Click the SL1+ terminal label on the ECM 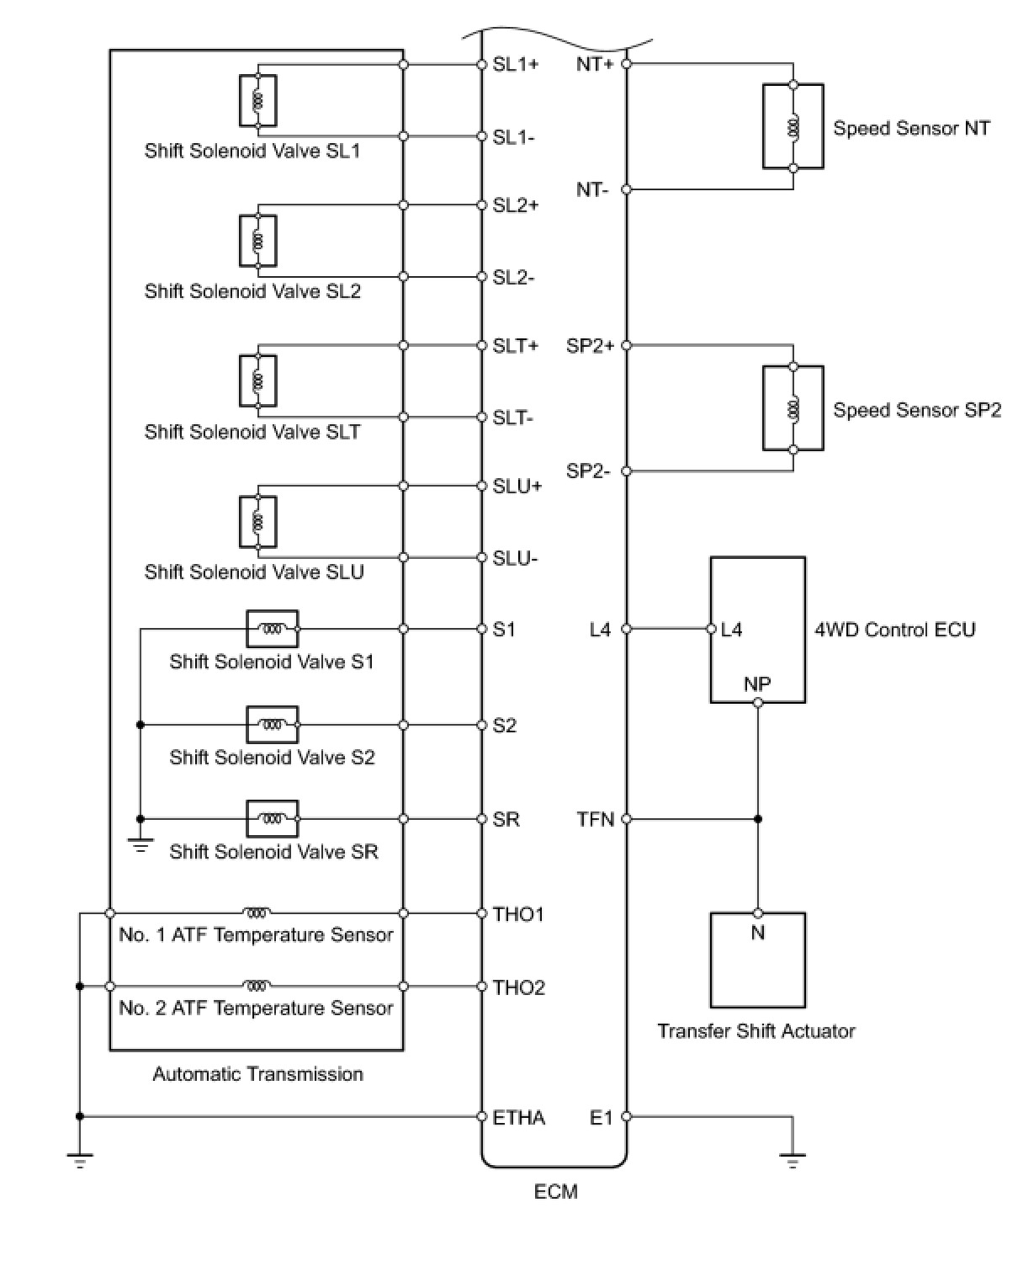pos(515,64)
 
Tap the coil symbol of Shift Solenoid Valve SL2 pos(257,242)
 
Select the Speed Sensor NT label pos(911,128)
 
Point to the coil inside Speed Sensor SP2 pos(793,409)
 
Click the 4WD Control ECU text pos(894,630)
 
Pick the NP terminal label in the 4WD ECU pos(757,684)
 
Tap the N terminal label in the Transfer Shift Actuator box pos(757,933)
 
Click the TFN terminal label pos(596,819)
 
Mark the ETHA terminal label pos(519,1118)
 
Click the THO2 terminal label pos(519,987)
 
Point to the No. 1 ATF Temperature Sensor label pos(256,935)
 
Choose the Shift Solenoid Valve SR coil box pos(272,818)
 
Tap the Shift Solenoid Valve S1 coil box pos(272,629)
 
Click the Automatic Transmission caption pos(257,1074)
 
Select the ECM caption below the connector pos(555,1192)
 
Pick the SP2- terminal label pos(588,471)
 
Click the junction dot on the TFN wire pos(758,819)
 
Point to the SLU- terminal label pos(515,558)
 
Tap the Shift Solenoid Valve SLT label pos(252,432)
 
